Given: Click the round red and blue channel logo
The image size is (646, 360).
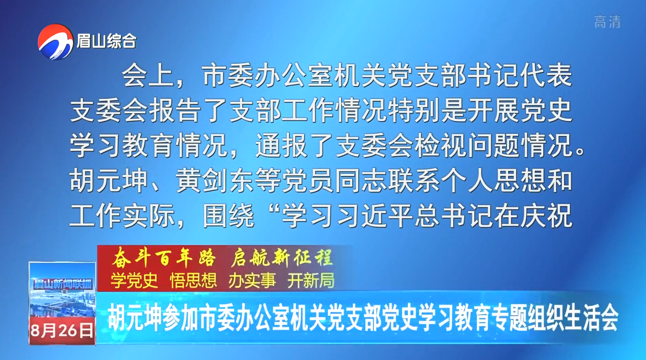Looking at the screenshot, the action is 55,42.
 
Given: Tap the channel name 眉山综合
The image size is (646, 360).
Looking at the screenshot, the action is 106,41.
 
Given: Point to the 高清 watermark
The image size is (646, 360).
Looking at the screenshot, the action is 607,22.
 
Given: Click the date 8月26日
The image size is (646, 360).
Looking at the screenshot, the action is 62,331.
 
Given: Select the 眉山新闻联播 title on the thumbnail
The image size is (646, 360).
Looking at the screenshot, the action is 63,284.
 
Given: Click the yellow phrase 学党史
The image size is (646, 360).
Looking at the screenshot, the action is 134,280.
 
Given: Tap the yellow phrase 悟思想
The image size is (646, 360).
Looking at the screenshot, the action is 193,280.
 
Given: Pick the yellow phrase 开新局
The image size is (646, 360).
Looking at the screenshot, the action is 311,280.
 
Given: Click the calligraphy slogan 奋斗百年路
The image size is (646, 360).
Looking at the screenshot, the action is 164,258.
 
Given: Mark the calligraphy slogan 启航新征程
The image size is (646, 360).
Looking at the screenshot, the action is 282,258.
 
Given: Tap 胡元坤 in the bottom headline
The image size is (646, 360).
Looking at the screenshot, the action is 134,319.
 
